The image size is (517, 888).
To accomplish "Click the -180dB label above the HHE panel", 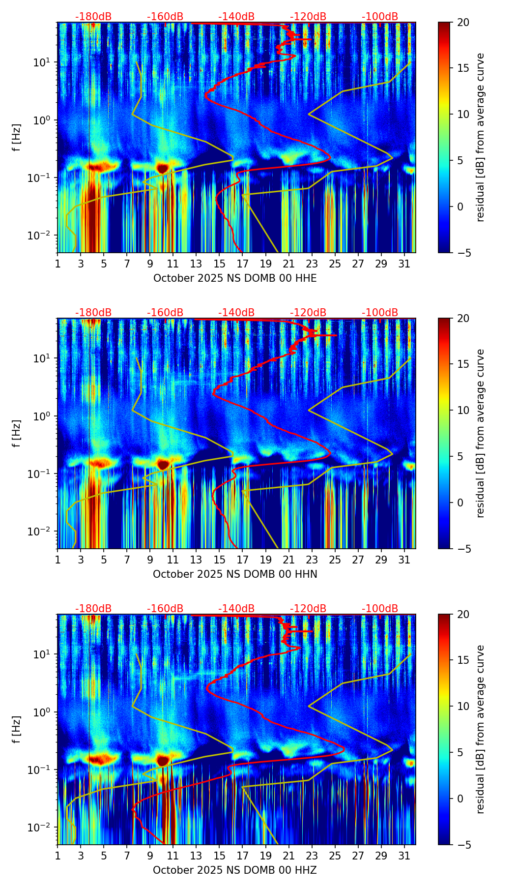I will [x=93, y=17].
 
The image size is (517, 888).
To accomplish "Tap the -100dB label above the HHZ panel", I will [x=380, y=609].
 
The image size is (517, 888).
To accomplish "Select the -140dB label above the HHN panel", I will [x=236, y=313].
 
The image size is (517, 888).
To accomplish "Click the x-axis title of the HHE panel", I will [x=235, y=278].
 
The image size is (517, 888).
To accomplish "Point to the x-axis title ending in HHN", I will [x=235, y=574].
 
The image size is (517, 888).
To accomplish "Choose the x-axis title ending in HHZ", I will [x=235, y=870].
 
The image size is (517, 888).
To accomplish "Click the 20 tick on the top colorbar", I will [x=463, y=23].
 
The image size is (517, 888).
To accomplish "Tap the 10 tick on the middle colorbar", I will [x=463, y=410].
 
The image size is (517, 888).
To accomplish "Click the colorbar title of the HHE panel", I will [x=481, y=137].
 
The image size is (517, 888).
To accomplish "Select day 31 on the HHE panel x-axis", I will [x=404, y=264].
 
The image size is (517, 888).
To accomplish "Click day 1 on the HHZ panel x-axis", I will [x=58, y=856].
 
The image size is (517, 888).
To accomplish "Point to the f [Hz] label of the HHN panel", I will [x=17, y=433].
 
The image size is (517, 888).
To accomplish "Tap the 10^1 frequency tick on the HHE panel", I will [x=44, y=62].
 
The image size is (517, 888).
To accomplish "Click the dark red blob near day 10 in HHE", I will [x=163, y=168].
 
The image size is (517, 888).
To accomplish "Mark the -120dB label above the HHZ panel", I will [x=308, y=609].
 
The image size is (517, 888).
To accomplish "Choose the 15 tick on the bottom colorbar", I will [x=463, y=660].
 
